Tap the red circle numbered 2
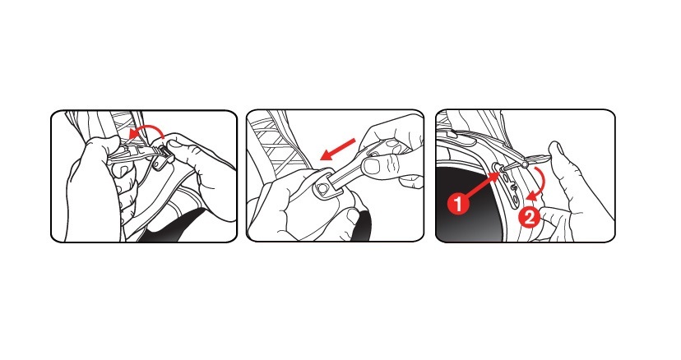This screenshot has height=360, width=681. click(x=529, y=217)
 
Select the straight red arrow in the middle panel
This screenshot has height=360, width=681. click(x=336, y=150)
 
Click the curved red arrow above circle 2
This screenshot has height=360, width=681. click(x=540, y=182)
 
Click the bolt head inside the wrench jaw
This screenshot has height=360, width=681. click(x=322, y=187)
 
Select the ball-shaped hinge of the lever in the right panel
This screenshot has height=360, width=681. click(x=526, y=164)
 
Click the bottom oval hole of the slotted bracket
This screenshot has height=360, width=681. click(x=514, y=199)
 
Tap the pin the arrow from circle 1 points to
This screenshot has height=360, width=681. click(x=498, y=166)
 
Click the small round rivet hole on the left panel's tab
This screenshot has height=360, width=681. click(x=159, y=165)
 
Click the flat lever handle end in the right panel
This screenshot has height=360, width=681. click(x=540, y=158)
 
